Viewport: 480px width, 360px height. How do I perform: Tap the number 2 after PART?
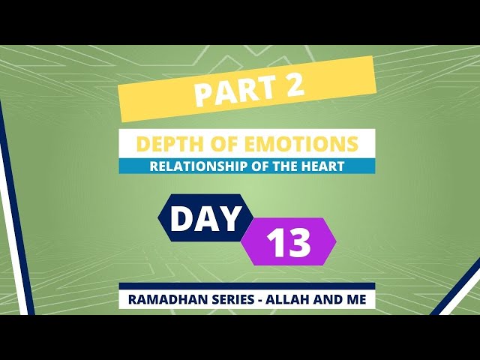coord(293,85)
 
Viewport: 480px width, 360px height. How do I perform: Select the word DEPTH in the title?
coord(166,143)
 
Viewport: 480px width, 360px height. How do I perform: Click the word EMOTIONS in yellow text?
coord(301,143)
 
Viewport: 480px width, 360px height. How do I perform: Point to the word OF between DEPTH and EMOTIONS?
coord(219,143)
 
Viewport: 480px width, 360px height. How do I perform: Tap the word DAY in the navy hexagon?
coord(205,218)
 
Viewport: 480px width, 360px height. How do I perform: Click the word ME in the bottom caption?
coord(356,299)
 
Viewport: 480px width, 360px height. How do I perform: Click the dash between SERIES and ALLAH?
coord(259,300)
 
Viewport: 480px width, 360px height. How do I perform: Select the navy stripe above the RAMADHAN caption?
coord(247,286)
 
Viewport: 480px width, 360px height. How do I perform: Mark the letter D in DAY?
coord(181,218)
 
